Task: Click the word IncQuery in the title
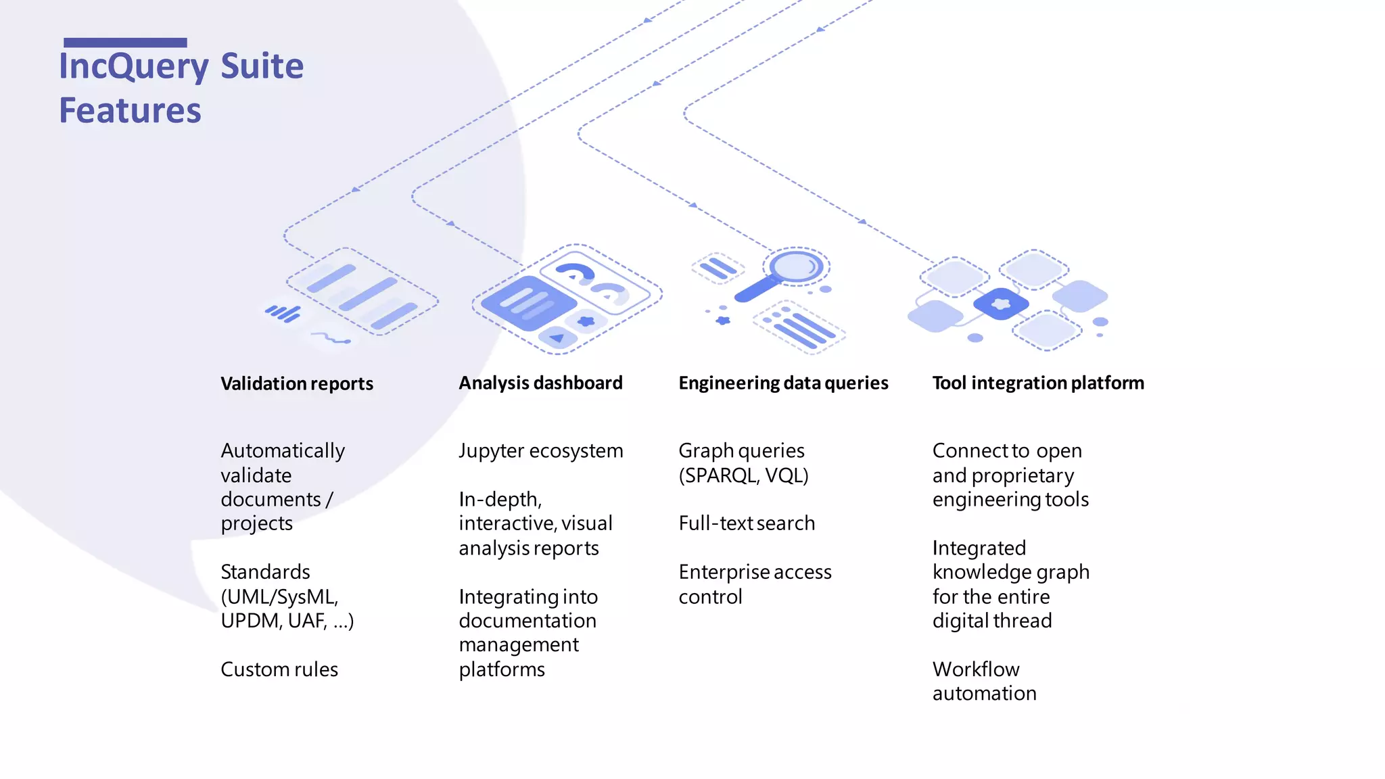point(134,66)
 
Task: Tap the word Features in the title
point(130,110)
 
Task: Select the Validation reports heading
point(297,383)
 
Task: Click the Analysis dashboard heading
point(540,383)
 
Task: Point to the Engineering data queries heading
point(783,383)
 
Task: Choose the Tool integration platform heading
point(1038,383)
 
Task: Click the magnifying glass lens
point(796,266)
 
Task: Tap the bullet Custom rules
point(279,669)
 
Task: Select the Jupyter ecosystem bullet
point(541,450)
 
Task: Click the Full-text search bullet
point(747,523)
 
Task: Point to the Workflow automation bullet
point(984,681)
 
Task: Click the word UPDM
point(249,620)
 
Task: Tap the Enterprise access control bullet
point(755,584)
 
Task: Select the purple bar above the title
point(125,43)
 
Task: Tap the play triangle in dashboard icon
point(557,337)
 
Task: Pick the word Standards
point(265,571)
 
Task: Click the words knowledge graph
point(1011,572)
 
